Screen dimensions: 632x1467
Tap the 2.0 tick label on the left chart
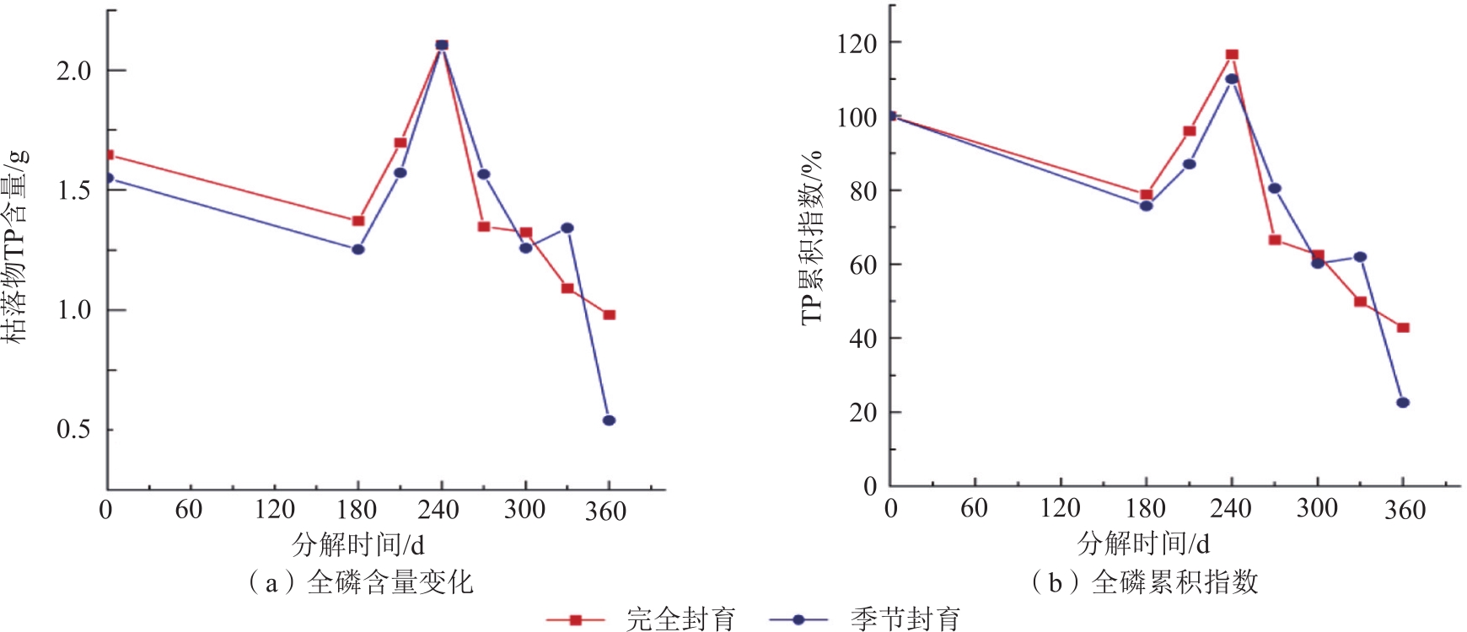[x=73, y=71]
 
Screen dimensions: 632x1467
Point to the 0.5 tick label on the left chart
[x=73, y=430]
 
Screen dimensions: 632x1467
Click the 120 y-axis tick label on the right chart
[x=857, y=42]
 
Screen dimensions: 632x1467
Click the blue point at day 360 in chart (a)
[x=609, y=420]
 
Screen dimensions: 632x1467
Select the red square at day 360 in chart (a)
[x=610, y=315]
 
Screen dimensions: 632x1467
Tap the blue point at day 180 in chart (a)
[x=357, y=249]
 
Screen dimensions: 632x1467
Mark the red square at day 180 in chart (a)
[x=357, y=221]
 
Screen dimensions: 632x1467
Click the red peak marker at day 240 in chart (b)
[x=1232, y=55]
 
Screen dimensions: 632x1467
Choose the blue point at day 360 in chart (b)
[x=1403, y=403]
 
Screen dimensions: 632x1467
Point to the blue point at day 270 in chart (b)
[x=1275, y=188]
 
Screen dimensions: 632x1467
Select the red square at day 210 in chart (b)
[x=1190, y=131]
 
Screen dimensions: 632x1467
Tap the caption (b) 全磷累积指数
[x=1144, y=582]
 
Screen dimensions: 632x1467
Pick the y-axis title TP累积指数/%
[x=811, y=238]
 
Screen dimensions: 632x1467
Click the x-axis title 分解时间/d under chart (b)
[x=1143, y=544]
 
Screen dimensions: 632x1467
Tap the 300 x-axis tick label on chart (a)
[x=524, y=510]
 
